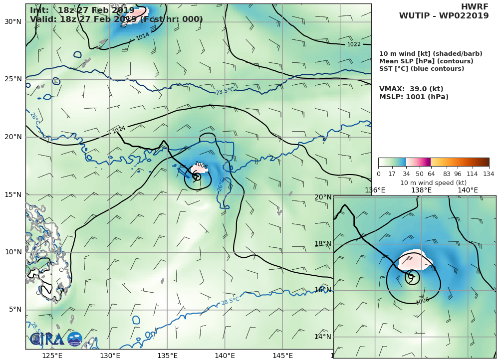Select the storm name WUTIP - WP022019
coord(444,16)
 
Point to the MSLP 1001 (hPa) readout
coord(414,97)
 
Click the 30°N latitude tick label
coord(13,22)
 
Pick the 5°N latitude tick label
coord(15,310)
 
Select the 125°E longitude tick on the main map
coord(52,355)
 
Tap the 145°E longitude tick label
coord(282,355)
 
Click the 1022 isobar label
coord(353,44)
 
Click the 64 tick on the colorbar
coord(431,174)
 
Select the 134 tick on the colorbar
coord(489,174)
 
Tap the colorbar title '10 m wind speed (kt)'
coord(433,182)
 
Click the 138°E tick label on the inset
coord(421,190)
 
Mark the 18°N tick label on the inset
coord(323,244)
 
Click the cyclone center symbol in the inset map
coord(411,276)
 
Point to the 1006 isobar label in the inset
coord(422,301)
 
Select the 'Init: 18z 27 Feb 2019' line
coord(82,10)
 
